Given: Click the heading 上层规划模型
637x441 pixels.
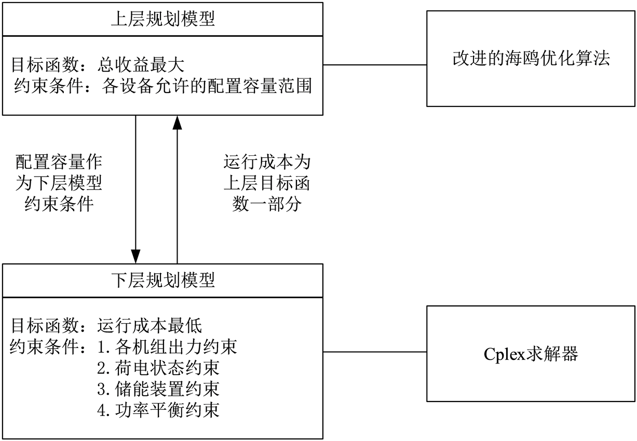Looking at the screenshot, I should tap(163, 20).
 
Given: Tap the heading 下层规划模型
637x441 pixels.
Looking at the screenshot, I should tap(163, 280).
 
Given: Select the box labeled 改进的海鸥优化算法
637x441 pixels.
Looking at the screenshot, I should tap(531, 59).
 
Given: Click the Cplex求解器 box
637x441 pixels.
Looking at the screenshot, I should tap(531, 354).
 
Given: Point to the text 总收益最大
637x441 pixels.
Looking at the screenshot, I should tap(141, 65).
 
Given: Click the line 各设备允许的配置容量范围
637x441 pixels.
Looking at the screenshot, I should tap(207, 86).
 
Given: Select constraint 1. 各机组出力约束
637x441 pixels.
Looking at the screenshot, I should tap(167, 346).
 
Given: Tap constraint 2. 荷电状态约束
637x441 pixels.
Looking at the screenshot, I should tap(158, 368).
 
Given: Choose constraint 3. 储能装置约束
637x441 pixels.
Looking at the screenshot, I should tap(158, 389).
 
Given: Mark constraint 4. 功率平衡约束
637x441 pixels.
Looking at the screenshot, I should tap(158, 410).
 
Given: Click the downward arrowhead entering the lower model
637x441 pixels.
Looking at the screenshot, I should tap(135, 257).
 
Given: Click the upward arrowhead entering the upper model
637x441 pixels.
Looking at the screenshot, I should tap(178, 123).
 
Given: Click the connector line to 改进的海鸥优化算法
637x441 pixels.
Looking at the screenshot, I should tap(375, 65).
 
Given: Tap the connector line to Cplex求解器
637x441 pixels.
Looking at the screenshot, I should tap(375, 352).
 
